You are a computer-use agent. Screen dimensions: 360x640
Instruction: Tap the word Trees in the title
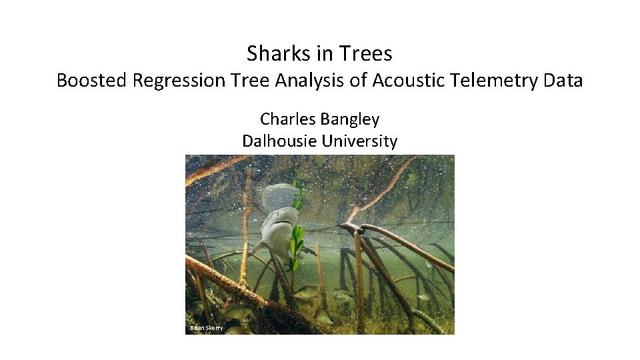pyautogui.click(x=365, y=53)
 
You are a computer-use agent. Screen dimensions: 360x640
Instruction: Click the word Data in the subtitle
pyautogui.click(x=564, y=81)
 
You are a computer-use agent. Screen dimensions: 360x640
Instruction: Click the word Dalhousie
pyautogui.click(x=279, y=141)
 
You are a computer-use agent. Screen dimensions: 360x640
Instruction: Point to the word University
pyautogui.click(x=359, y=141)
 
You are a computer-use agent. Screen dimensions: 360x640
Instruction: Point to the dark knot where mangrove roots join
pyautogui.click(x=361, y=231)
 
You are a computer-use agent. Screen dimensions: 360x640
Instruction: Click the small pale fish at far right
pyautogui.click(x=423, y=297)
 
